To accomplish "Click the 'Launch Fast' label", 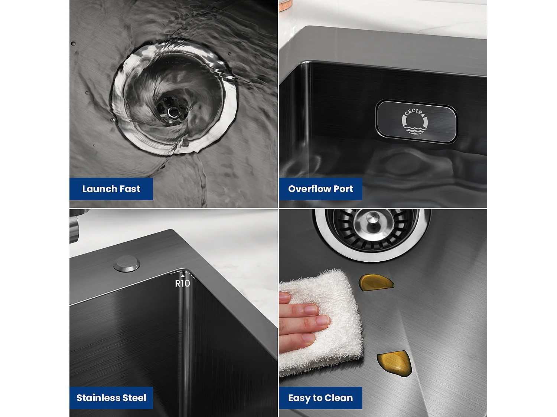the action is tap(111, 189).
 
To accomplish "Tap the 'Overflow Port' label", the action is tap(320, 189).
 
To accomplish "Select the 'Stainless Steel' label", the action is tap(111, 398).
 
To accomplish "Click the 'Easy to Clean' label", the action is tap(320, 398).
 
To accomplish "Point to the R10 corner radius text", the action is tap(182, 284).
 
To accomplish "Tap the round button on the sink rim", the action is tap(127, 263).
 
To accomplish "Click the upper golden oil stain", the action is tap(376, 282).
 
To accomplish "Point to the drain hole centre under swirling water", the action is tap(173, 112).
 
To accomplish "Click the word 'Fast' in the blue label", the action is tap(130, 189).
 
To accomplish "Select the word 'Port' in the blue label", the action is tap(343, 189).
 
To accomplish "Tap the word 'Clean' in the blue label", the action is tap(339, 398).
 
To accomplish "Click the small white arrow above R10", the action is tap(182, 276).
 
